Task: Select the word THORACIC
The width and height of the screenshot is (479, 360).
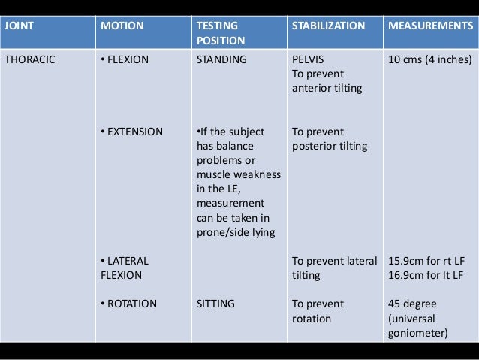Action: pos(30,59)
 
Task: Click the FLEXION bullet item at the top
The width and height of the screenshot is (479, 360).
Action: pos(125,59)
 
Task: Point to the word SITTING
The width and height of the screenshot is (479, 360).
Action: pos(215,304)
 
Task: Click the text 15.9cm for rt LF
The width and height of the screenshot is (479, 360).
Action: pos(423,261)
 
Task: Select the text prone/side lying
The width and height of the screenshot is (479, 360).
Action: pos(234,232)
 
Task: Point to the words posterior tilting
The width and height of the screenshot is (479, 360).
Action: pos(328,146)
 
